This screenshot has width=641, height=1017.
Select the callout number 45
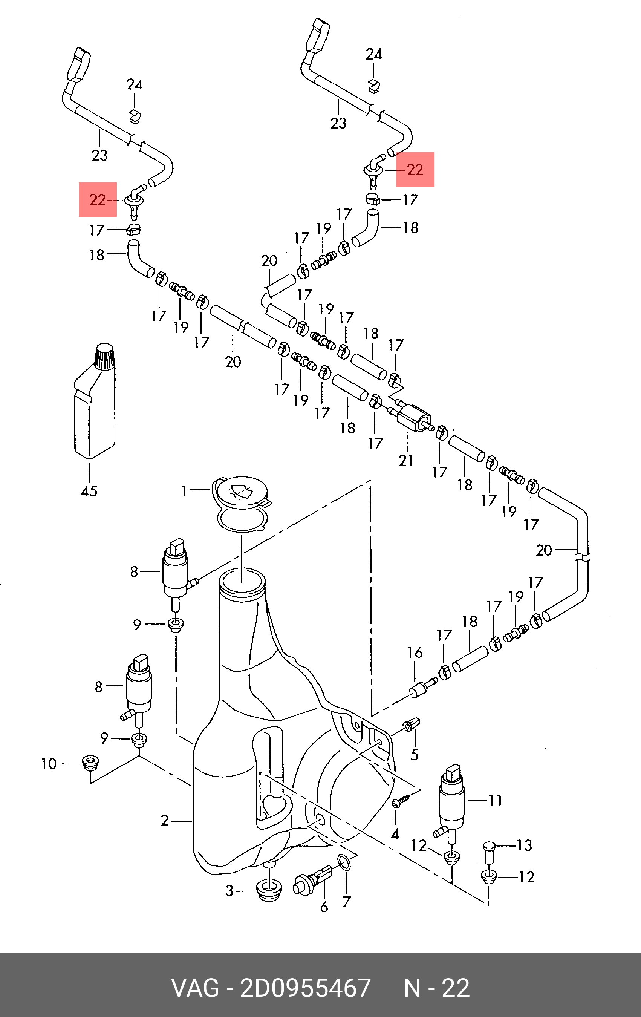tap(89, 491)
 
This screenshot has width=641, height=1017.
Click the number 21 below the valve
tap(406, 460)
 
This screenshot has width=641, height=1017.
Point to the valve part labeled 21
tap(413, 416)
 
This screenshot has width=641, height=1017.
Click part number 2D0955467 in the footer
tap(305, 988)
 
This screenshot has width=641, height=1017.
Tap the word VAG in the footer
tap(195, 988)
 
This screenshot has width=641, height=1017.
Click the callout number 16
tap(415, 652)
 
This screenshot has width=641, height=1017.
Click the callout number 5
tap(414, 754)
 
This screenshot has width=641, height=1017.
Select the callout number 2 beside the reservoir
tap(165, 820)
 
